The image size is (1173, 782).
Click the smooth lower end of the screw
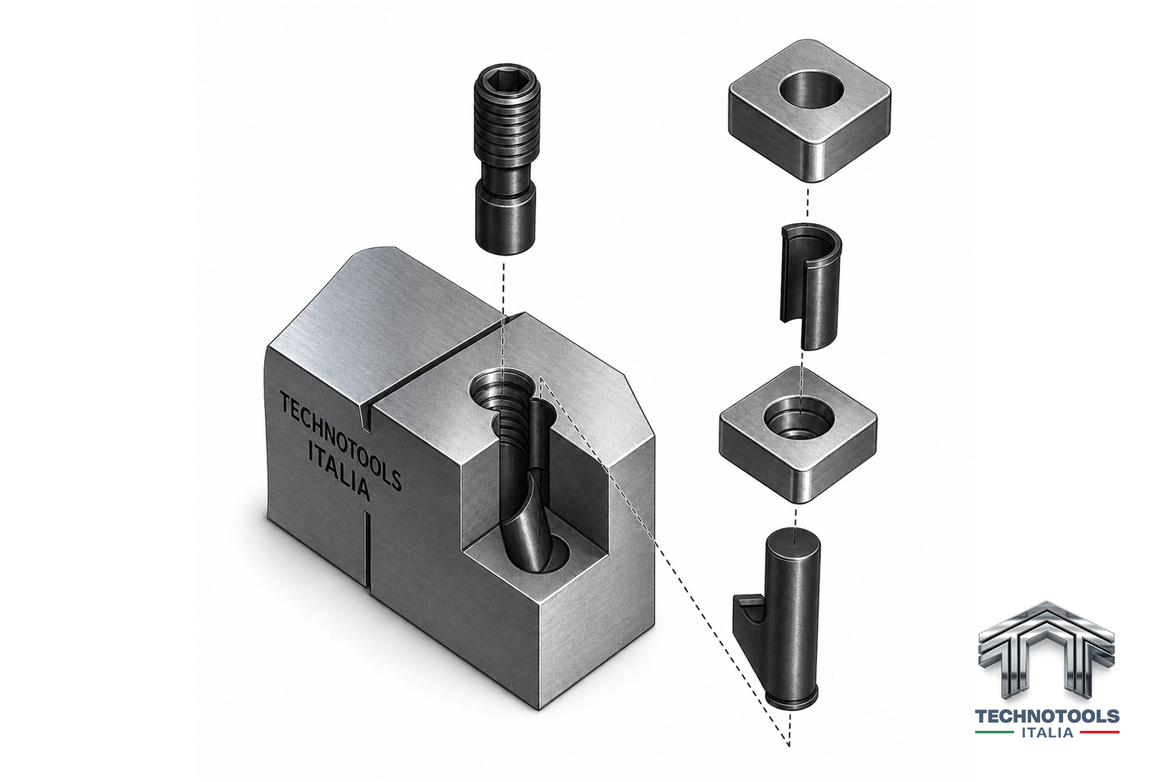pyautogui.click(x=505, y=219)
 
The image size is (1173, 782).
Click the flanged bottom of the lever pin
pyautogui.click(x=790, y=700)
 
